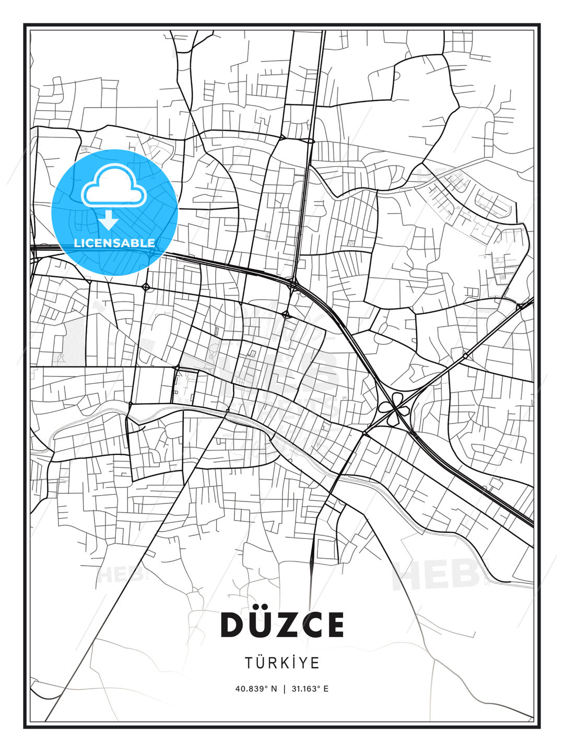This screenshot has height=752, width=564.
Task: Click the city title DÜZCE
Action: [282, 625]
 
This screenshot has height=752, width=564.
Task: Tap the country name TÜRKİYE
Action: [282, 663]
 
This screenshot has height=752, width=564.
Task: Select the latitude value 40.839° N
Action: [256, 689]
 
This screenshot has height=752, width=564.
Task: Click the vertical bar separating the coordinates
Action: [284, 689]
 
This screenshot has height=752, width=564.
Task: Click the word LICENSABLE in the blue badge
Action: [114, 243]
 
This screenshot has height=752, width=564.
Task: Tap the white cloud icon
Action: [113, 185]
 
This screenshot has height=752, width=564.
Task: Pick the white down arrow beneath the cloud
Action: [109, 220]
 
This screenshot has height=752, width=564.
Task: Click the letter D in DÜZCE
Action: [233, 625]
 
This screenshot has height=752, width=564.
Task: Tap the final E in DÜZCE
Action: [335, 625]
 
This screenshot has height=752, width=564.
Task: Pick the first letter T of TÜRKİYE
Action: [249, 663]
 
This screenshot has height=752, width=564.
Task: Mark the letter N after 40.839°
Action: [275, 689]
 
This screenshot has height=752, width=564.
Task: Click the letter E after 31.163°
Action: [326, 689]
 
